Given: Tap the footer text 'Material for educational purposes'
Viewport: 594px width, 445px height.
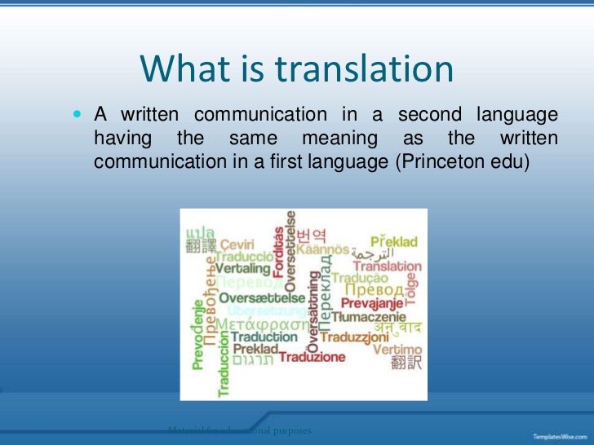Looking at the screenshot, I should [x=239, y=430].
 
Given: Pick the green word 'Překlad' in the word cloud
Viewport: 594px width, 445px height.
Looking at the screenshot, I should [x=396, y=241].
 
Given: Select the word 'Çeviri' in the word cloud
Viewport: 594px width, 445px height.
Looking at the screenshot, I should [x=238, y=243].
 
